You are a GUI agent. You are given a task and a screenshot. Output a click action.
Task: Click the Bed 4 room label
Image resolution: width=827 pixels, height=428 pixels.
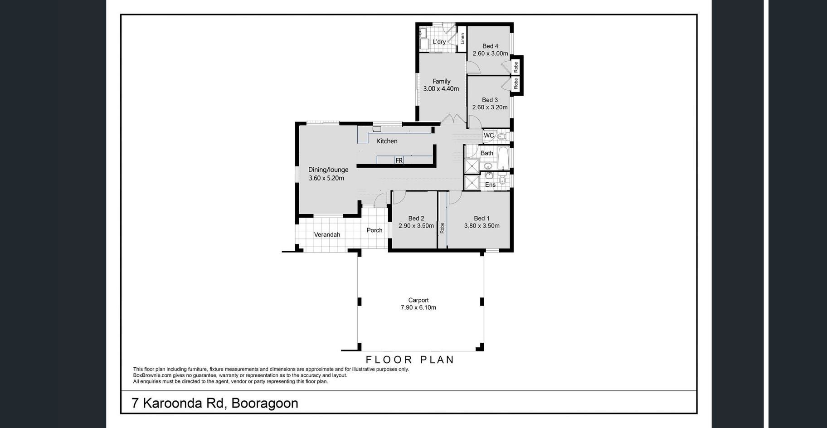tap(490, 46)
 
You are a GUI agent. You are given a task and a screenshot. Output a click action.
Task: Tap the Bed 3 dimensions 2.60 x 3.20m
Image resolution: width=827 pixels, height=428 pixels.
tap(490, 107)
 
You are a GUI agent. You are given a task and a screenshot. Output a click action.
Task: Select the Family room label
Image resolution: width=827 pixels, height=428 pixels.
tap(441, 81)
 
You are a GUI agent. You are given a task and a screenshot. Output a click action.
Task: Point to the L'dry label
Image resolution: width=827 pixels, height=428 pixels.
tap(439, 42)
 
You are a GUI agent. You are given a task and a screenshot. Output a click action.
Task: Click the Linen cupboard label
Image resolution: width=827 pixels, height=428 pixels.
tap(462, 39)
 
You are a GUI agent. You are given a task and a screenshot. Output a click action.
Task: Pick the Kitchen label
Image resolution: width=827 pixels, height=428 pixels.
tap(387, 141)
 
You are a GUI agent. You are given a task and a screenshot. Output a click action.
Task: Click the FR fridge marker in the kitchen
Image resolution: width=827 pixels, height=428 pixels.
tap(399, 160)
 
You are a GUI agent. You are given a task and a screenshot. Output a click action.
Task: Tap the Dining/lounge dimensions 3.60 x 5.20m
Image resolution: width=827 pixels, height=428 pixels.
tap(326, 178)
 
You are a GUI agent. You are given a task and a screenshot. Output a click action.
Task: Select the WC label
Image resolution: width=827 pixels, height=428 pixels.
tap(489, 136)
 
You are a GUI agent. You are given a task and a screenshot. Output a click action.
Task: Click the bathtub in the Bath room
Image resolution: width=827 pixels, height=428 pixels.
tap(503, 158)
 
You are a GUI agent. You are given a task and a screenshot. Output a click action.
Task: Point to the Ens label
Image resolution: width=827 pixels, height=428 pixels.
tap(490, 185)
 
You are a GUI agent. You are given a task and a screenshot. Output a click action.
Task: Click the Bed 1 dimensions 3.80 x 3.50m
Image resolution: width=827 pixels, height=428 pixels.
tap(482, 226)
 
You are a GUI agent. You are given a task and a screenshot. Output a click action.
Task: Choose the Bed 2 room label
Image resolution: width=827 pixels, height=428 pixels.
tap(416, 218)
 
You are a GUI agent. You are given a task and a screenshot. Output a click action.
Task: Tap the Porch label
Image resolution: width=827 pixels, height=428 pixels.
tap(375, 230)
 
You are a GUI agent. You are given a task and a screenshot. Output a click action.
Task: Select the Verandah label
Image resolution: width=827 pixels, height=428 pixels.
tap(327, 234)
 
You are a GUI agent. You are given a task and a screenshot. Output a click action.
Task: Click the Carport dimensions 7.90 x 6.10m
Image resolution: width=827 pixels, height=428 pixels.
tap(418, 307)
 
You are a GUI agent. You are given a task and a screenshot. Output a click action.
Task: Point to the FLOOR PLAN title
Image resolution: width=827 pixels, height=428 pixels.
tap(410, 360)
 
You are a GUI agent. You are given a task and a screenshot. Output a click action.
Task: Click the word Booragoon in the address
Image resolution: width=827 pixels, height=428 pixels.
tap(265, 403)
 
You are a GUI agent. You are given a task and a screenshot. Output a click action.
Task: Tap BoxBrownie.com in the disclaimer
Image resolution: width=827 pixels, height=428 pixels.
tap(152, 375)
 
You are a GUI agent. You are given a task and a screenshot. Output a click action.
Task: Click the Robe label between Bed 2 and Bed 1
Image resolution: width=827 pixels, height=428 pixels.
tap(442, 228)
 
